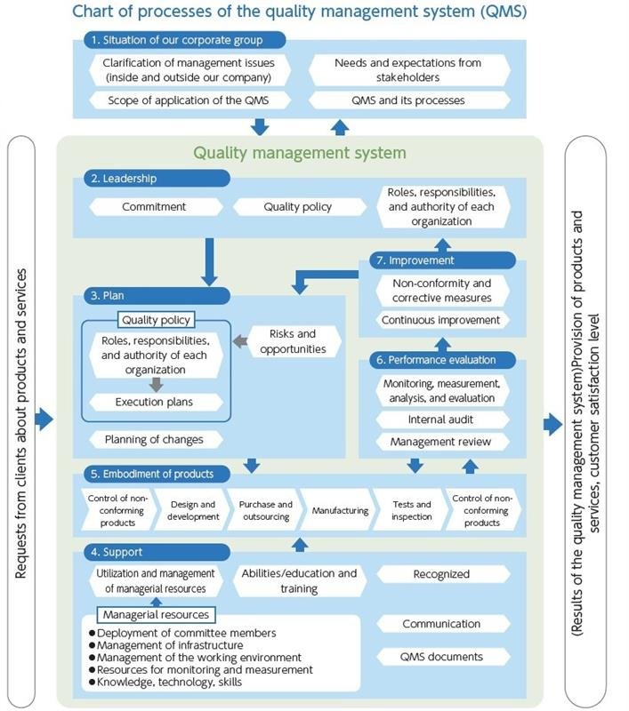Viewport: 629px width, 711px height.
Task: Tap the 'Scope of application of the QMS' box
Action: [x=188, y=100]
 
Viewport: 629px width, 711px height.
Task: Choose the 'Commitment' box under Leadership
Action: [x=154, y=206]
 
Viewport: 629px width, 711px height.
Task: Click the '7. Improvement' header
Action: [x=440, y=260]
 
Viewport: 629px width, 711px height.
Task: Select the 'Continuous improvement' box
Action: [x=441, y=320]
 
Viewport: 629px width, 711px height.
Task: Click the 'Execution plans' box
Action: [x=156, y=402]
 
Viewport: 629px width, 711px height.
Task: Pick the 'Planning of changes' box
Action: [x=154, y=439]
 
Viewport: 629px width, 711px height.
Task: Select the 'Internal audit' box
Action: [x=441, y=419]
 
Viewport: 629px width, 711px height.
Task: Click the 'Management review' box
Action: [x=441, y=442]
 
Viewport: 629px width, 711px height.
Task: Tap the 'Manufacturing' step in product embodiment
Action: [x=340, y=511]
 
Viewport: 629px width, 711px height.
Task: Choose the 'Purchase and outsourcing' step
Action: [x=265, y=511]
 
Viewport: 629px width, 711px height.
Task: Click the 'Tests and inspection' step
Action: [x=411, y=511]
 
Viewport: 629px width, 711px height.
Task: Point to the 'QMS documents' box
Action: [x=441, y=657]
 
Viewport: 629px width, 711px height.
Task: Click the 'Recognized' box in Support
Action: [x=441, y=574]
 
